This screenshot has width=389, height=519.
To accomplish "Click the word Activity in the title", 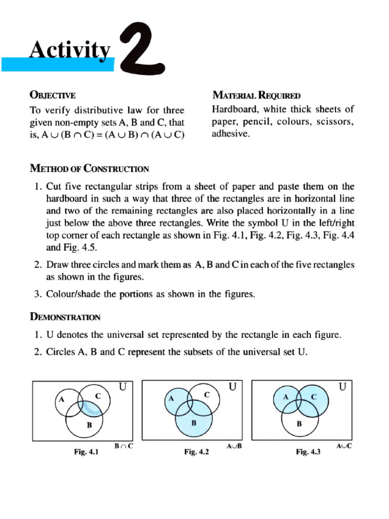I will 70,51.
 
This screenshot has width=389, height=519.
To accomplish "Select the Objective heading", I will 53,95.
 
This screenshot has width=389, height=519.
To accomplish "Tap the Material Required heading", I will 256,95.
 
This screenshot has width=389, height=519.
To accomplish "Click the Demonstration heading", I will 65,317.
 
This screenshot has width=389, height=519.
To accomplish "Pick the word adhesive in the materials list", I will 230,135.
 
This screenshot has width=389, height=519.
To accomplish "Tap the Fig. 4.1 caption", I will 86,453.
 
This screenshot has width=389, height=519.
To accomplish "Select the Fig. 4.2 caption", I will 197,453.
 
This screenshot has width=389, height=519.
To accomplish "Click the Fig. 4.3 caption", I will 308,453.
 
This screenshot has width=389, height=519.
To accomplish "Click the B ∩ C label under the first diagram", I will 124,446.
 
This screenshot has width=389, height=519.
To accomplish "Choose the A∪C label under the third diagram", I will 344,446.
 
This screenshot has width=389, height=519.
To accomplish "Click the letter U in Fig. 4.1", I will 123,387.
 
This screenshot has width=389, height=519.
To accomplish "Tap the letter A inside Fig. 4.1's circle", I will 62,399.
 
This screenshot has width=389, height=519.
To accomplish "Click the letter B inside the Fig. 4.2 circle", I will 193,422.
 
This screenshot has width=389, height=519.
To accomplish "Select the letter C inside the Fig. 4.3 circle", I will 314,397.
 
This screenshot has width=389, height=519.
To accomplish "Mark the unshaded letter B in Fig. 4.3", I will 299,424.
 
